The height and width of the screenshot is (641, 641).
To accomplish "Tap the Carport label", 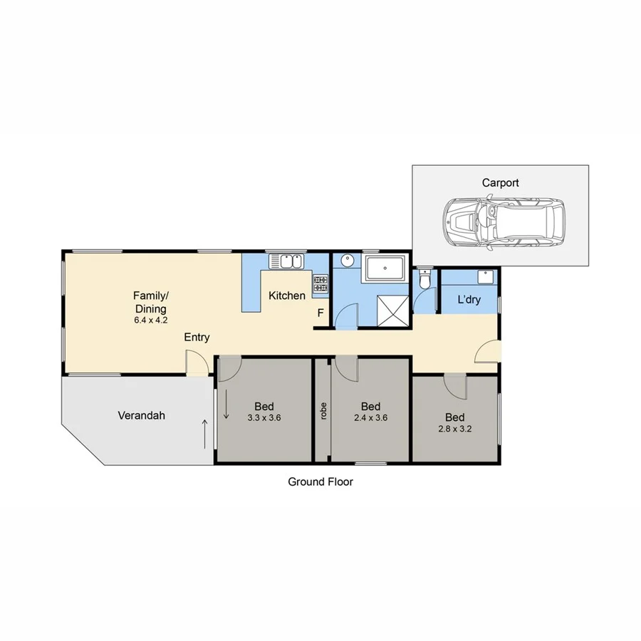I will (500, 183).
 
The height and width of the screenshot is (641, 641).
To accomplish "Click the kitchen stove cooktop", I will (320, 286).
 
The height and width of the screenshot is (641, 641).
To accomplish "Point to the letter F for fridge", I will (320, 313).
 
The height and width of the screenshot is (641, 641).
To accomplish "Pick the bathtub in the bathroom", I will (385, 269).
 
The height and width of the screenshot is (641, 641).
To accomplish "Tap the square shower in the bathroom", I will (390, 310).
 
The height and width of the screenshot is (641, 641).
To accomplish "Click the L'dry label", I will (469, 300).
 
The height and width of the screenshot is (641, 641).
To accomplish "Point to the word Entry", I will (197, 337).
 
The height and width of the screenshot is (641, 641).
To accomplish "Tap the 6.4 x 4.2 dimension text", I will (150, 320).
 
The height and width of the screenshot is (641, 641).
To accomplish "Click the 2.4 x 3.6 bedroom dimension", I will (370, 418).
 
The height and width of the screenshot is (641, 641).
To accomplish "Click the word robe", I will (323, 413).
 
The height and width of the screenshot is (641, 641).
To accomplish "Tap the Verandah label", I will (141, 415).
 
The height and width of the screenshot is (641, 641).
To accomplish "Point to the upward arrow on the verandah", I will (206, 433).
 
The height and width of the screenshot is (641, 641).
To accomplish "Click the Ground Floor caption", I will (320, 481).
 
